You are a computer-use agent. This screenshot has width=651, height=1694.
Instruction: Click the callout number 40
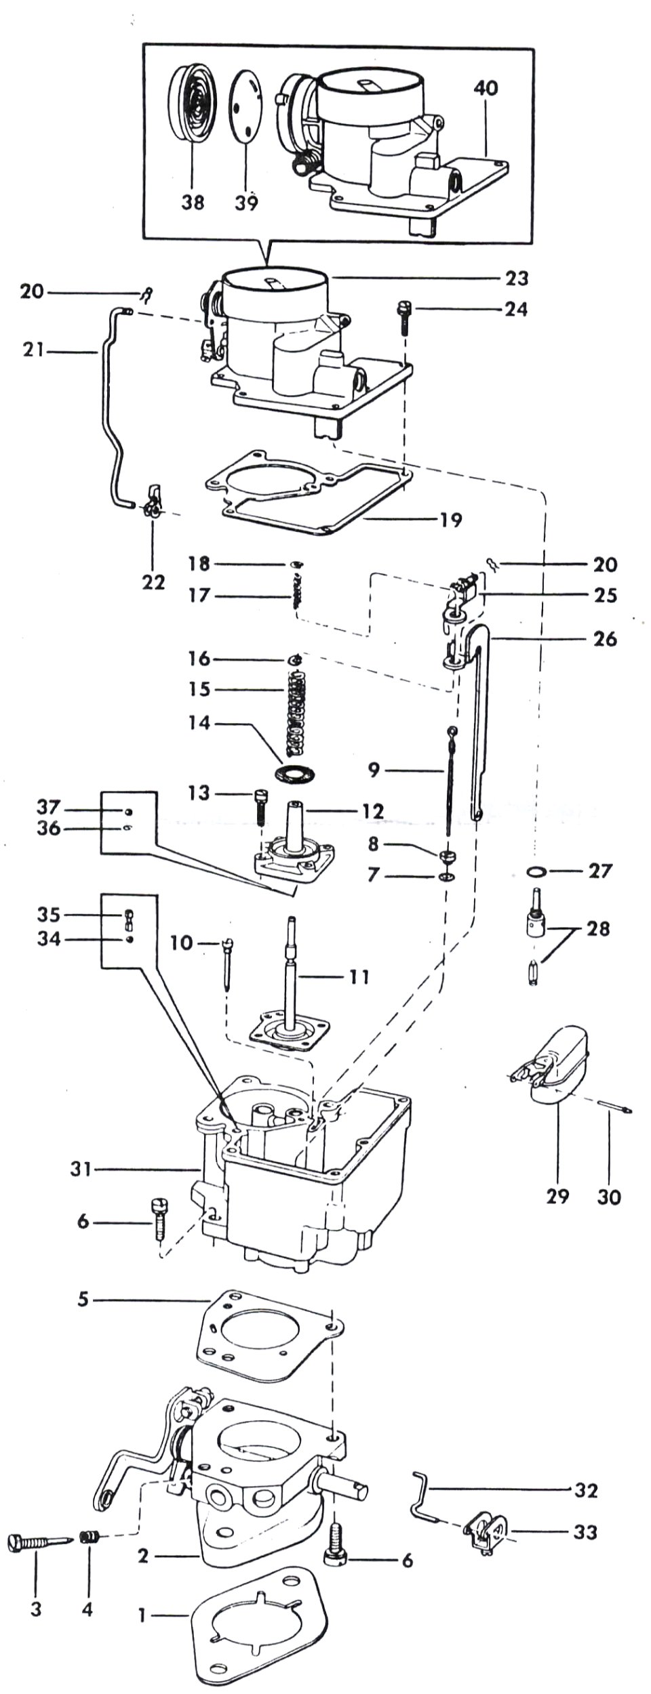486,88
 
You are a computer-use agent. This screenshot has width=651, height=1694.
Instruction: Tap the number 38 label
193,203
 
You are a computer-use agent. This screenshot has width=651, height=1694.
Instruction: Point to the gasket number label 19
450,520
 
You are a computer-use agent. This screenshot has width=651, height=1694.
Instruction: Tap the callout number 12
372,810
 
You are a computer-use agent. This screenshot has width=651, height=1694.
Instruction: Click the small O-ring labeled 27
537,871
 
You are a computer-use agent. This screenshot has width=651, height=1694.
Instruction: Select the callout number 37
49,808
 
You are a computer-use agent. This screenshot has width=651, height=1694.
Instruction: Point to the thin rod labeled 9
449,786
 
